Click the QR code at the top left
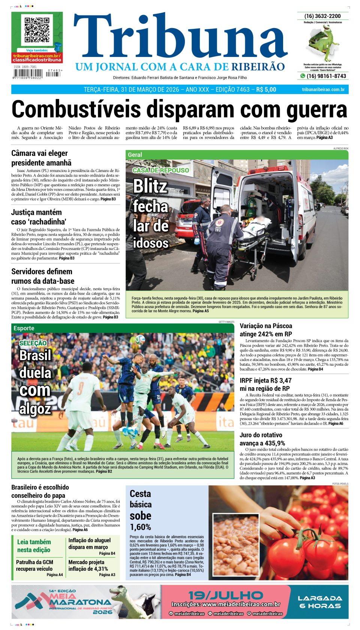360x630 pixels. click(x=36, y=30)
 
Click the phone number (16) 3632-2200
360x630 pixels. click(x=322, y=16)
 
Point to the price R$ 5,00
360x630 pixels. click(x=266, y=90)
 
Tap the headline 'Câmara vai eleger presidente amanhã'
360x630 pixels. click(x=41, y=158)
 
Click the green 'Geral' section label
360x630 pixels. click(x=135, y=154)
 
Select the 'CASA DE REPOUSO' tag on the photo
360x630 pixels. click(x=160, y=170)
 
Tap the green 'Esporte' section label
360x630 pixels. click(x=24, y=328)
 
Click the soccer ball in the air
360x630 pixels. click(x=140, y=340)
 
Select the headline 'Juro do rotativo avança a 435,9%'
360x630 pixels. click(x=262, y=439)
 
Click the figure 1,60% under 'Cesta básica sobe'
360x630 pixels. click(x=140, y=527)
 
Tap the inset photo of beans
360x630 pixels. click(x=236, y=545)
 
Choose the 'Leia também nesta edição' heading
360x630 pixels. click(x=34, y=546)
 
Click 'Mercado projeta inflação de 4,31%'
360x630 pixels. click(x=88, y=565)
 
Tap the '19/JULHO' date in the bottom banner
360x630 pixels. click(x=225, y=595)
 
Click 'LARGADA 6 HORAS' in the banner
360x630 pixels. click(x=320, y=602)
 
